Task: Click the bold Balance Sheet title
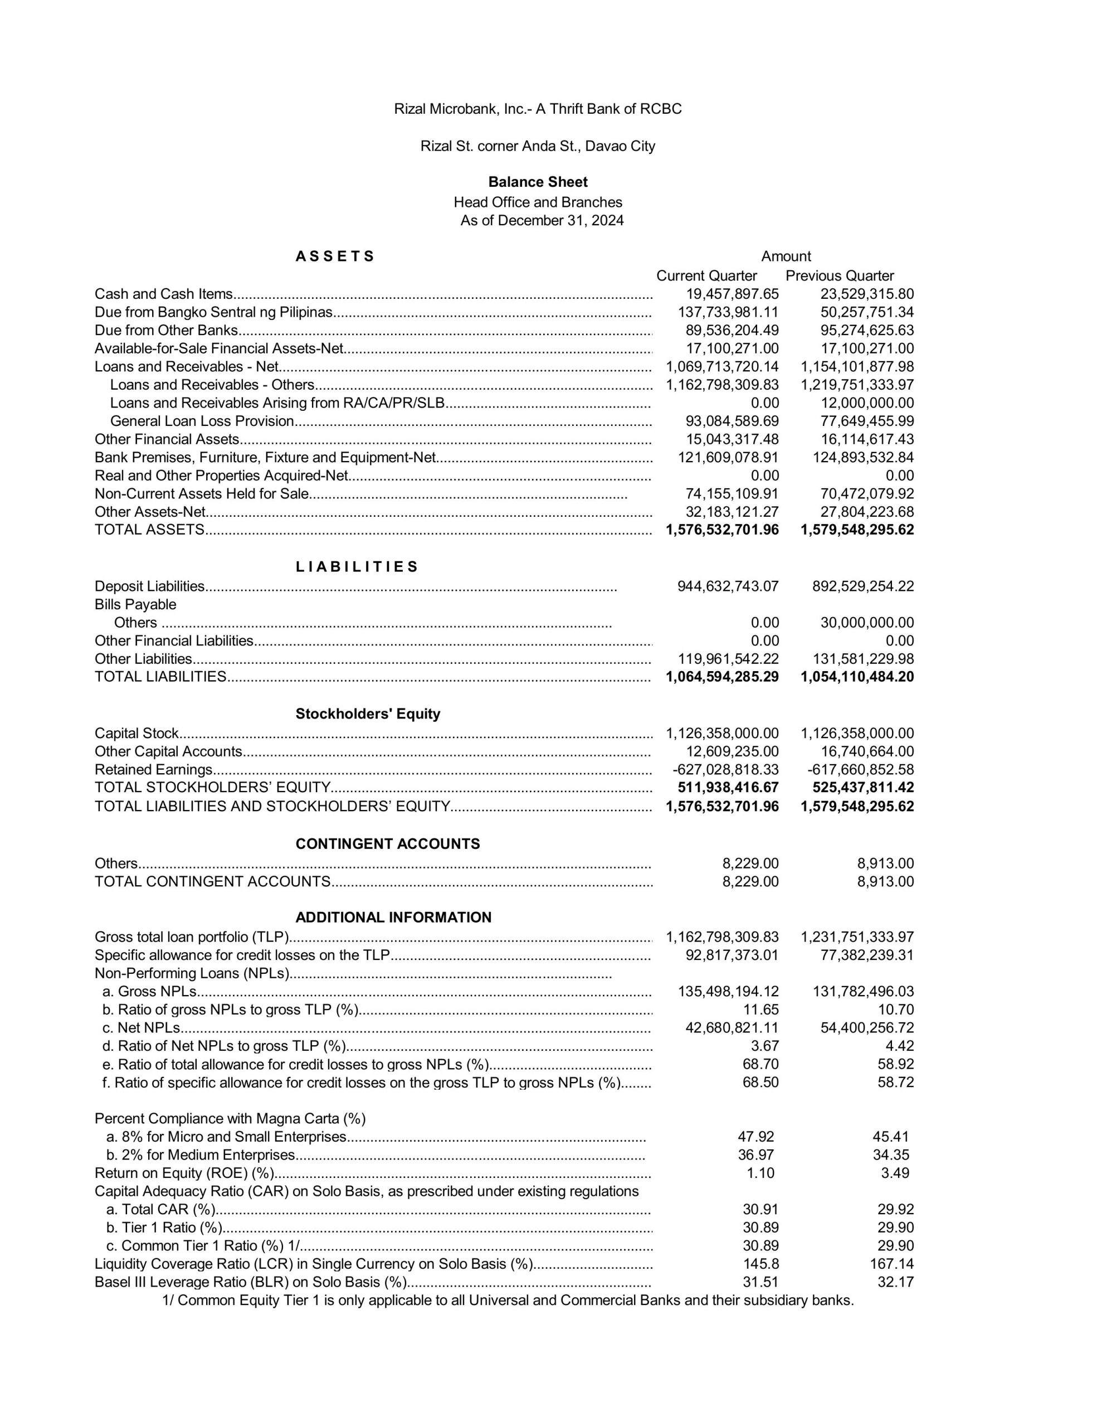click(x=538, y=182)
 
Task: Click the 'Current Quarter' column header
click(x=706, y=276)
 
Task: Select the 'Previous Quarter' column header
click(x=840, y=276)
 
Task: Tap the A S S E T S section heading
click(x=334, y=256)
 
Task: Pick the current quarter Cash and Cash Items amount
click(x=732, y=294)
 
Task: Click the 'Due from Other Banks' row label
click(x=166, y=331)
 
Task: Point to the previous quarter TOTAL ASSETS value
click(x=857, y=530)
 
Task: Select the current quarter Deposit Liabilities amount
click(x=728, y=586)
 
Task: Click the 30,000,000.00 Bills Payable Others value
click(x=867, y=623)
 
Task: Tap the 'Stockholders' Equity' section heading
click(x=368, y=713)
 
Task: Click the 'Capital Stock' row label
click(x=136, y=733)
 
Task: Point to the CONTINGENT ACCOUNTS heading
click(x=387, y=843)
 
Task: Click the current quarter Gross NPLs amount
click(x=728, y=991)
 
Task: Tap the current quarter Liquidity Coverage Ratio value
click(x=760, y=1264)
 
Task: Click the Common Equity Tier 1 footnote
click(x=508, y=1300)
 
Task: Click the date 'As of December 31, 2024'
click(x=542, y=220)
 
